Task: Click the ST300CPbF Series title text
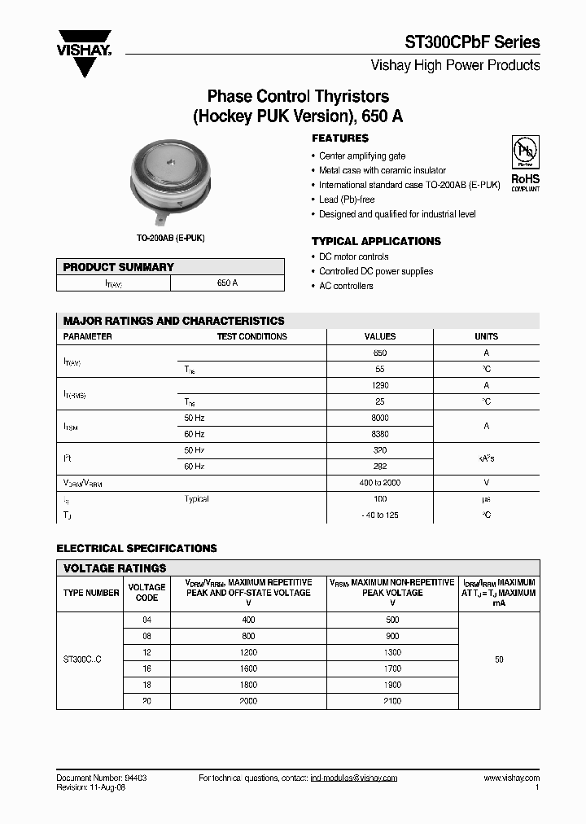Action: (x=472, y=42)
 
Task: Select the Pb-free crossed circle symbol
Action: (x=524, y=152)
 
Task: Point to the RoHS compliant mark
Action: (x=525, y=182)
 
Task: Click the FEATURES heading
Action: (x=339, y=138)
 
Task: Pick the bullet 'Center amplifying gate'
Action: (x=361, y=156)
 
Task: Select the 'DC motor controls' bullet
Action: (x=353, y=256)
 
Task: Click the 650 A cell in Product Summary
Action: (x=227, y=283)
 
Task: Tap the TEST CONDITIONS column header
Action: (x=251, y=336)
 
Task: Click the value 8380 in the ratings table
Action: (x=379, y=434)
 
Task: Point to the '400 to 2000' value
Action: (x=379, y=483)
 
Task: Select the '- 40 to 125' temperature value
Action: (x=379, y=515)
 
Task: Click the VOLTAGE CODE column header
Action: (x=146, y=592)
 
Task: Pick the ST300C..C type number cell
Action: (x=82, y=660)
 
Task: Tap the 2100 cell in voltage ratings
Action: (x=391, y=700)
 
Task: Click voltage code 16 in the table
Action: (x=146, y=668)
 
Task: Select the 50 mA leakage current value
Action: (x=499, y=660)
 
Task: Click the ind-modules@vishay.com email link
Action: (x=353, y=778)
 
